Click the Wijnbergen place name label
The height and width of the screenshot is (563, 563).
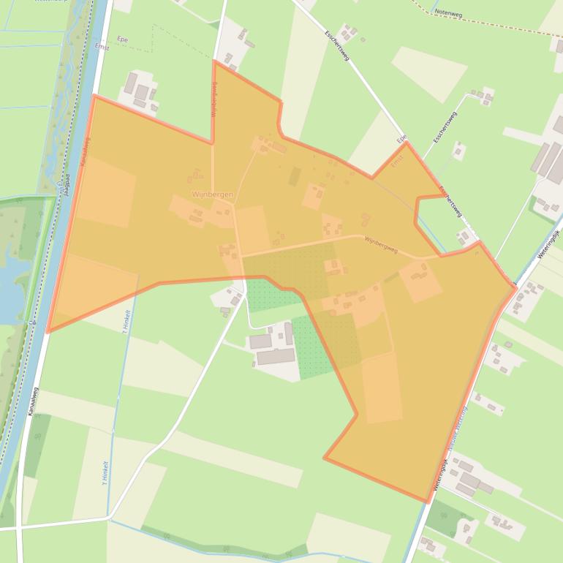tap(213, 194)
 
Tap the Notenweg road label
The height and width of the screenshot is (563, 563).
tap(448, 12)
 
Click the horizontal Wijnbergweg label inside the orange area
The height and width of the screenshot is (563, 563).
tap(380, 244)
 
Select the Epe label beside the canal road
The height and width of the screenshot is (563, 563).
tap(122, 38)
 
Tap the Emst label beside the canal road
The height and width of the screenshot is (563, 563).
tap(102, 48)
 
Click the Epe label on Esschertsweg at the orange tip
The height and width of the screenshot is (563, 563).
tap(401, 139)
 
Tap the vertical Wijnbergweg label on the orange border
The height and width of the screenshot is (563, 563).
tap(214, 100)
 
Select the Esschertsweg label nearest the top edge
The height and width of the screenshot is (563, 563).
tap(337, 45)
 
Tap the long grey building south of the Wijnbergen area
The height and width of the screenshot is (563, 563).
tap(276, 357)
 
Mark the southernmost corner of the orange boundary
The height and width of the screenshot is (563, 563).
tap(427, 502)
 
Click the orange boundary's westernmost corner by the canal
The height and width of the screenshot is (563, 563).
tap(48, 332)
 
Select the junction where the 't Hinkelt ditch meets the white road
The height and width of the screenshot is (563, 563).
tap(110, 518)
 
